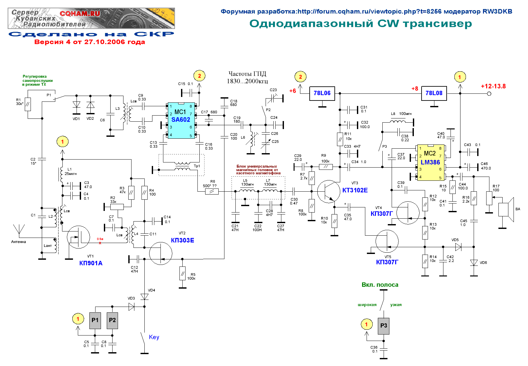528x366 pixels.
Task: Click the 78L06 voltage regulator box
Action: (322, 93)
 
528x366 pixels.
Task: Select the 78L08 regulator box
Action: (434, 93)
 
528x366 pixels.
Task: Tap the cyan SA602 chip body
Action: (181, 120)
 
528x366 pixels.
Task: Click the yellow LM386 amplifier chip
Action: (431, 163)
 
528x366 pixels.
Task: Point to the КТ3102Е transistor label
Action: (355, 190)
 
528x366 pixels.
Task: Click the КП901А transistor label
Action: (91, 263)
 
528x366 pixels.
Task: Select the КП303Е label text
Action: (182, 240)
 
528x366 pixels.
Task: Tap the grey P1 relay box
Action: (95, 320)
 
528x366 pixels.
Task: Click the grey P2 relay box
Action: (113, 320)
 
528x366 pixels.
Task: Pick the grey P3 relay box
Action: (384, 326)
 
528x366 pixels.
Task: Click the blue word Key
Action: (154, 337)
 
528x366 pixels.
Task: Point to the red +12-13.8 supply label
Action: (493, 86)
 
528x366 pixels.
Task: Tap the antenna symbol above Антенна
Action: (19, 230)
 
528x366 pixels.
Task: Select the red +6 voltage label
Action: (293, 91)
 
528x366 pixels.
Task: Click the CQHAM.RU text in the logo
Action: (80, 14)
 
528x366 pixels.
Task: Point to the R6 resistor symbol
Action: (212, 192)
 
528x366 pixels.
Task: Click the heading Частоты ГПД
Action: (247, 74)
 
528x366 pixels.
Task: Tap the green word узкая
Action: (396, 305)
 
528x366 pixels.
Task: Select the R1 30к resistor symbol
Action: (28, 104)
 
